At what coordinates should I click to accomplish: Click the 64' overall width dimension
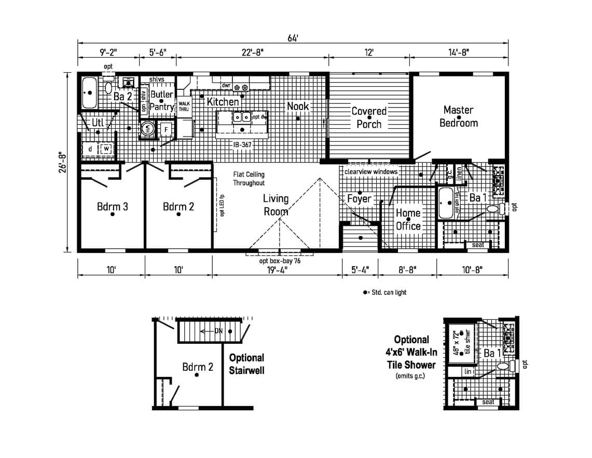coord(293,37)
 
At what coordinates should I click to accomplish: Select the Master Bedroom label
coord(458,116)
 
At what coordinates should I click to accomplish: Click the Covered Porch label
coord(369,117)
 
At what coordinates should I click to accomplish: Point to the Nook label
coord(298,106)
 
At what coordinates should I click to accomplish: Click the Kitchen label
coord(223,101)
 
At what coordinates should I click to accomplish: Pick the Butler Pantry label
coord(161,101)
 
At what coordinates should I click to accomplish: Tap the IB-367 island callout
coord(242,145)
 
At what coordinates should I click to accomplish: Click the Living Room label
coord(276,205)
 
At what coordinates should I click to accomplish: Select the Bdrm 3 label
coord(112,207)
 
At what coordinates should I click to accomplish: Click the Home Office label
coord(408,219)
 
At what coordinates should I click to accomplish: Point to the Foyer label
coord(359,199)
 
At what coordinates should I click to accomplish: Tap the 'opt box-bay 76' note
coord(280,261)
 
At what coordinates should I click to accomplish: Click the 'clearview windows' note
coord(371,172)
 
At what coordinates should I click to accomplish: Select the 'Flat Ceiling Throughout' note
coord(249,179)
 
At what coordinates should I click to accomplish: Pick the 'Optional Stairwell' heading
coord(246,364)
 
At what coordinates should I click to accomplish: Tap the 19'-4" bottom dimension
coord(277,270)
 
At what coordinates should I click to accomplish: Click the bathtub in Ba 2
coord(90,93)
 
